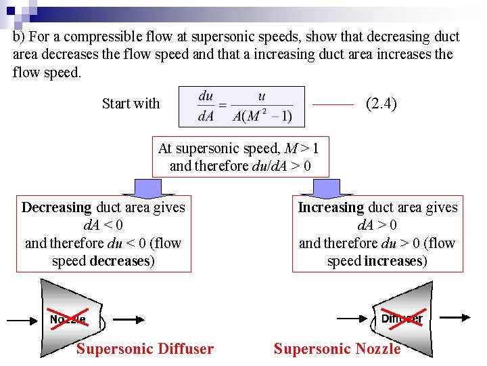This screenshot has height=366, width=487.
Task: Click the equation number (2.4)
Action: coord(381,104)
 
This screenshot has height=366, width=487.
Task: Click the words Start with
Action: coord(131,104)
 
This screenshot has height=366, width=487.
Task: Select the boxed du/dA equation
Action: coord(241,106)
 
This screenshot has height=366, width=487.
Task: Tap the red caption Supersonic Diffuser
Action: coord(145,349)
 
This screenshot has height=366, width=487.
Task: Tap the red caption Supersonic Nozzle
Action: coord(337,349)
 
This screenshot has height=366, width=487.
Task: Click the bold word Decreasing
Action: coord(56,207)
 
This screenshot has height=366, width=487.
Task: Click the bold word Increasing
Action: coord(331,207)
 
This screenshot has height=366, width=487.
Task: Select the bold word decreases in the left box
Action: coord(120,261)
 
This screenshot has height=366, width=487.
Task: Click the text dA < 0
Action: coord(103,225)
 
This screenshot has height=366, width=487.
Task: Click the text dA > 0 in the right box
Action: coord(377,225)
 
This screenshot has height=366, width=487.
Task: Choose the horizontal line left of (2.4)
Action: coord(334,105)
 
